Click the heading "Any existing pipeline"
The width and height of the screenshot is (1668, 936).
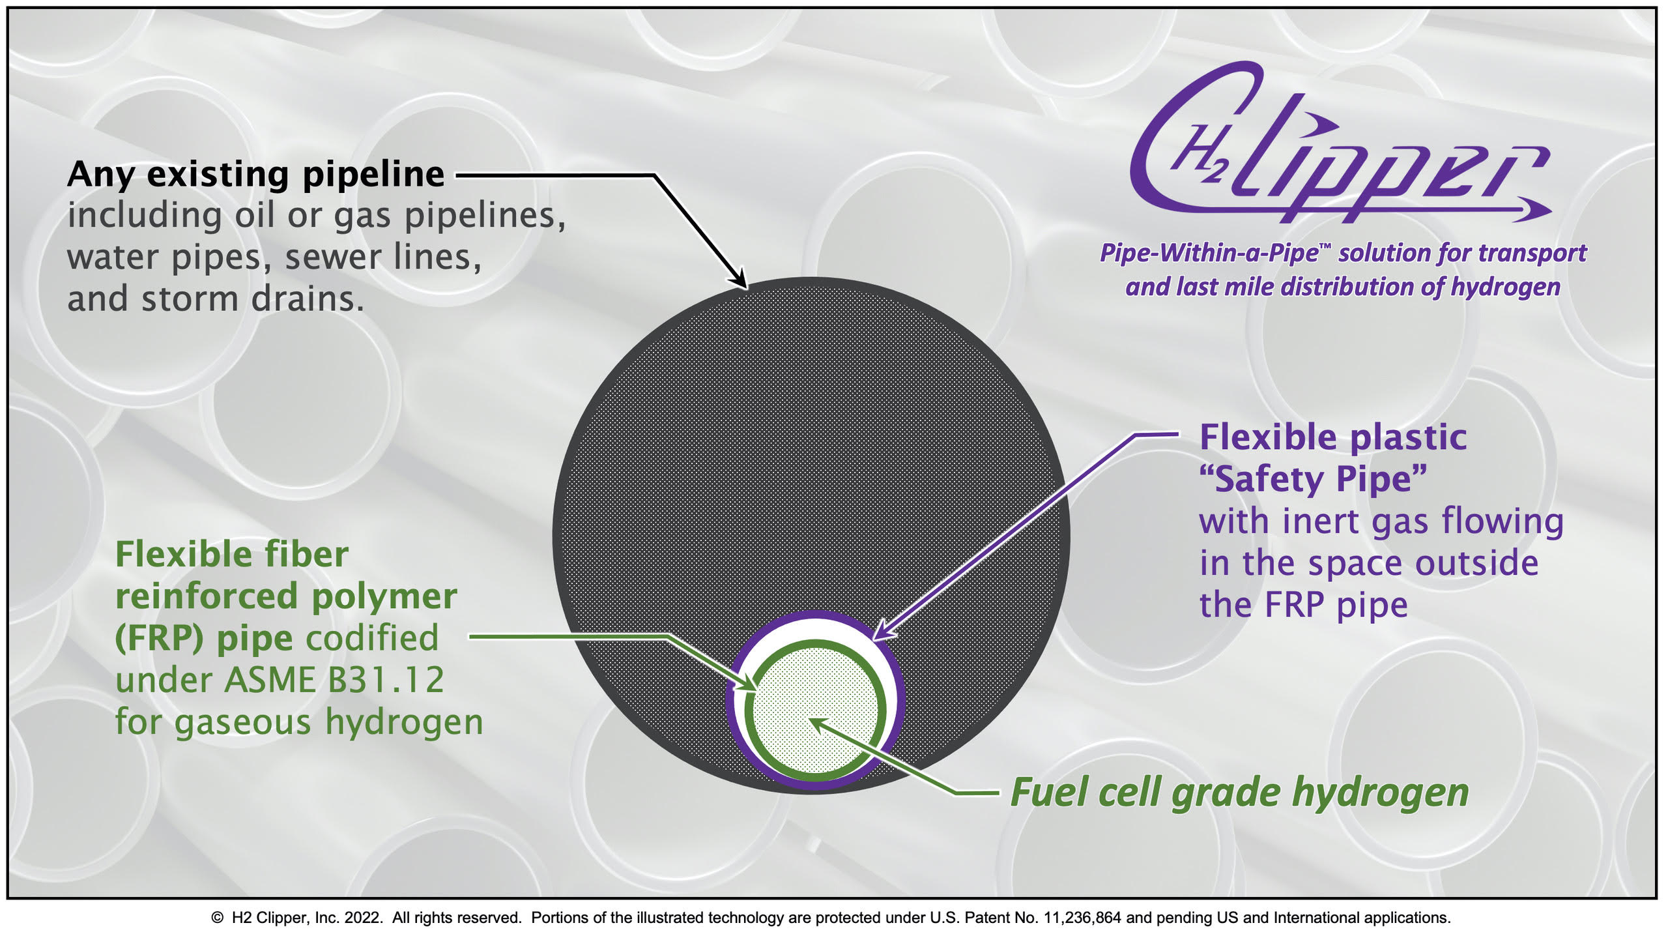pyautogui.click(x=255, y=175)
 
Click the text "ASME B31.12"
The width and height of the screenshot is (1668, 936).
pyautogui.click(x=334, y=680)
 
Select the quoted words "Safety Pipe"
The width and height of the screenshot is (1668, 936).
pyautogui.click(x=1313, y=480)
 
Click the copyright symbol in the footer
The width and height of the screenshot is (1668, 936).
pyautogui.click(x=217, y=918)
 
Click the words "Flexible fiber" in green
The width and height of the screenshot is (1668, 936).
pyautogui.click(x=231, y=555)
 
